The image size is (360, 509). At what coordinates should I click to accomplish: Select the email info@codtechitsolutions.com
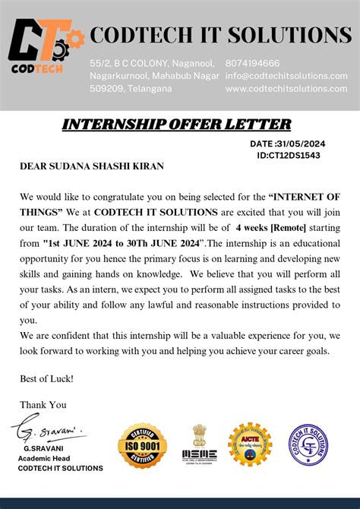(x=286, y=76)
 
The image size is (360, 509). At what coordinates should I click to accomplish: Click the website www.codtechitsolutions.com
(x=286, y=89)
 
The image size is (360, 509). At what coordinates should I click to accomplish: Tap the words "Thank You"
(x=43, y=405)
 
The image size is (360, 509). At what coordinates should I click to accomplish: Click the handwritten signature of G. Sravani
(x=48, y=431)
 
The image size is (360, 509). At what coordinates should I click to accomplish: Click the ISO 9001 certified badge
(x=142, y=445)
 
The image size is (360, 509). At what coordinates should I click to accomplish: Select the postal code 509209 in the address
(x=108, y=89)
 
